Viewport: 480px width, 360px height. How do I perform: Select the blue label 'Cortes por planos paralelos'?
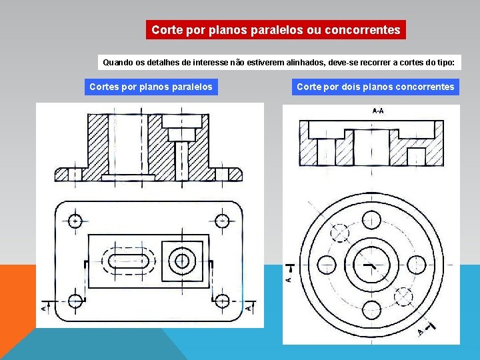point(151,87)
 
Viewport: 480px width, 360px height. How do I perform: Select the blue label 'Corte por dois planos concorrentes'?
point(375,87)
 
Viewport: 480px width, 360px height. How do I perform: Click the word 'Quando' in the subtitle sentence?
point(118,63)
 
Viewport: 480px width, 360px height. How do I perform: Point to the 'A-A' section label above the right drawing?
point(377,111)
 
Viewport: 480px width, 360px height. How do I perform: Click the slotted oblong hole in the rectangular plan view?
point(129,260)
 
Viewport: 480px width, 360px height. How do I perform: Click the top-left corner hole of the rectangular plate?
point(75,220)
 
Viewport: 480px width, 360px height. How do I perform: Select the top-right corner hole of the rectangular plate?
point(222,220)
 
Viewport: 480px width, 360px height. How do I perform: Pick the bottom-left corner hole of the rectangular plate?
point(75,301)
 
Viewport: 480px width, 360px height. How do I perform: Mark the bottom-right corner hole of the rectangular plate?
point(222,301)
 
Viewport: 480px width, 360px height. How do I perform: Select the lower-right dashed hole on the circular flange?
point(403,295)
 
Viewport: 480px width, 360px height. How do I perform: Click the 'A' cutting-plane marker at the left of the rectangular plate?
point(43,307)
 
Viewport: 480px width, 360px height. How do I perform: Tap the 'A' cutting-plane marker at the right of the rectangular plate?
point(249,307)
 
